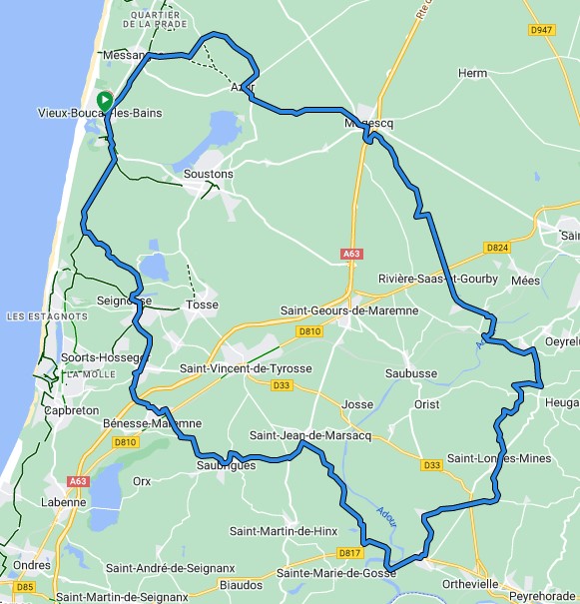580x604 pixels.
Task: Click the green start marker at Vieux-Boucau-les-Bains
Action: pyautogui.click(x=104, y=101)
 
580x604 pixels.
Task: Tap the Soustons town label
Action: pyautogui.click(x=209, y=174)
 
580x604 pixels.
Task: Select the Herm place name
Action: pyautogui.click(x=472, y=74)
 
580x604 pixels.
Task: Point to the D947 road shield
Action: pyautogui.click(x=542, y=30)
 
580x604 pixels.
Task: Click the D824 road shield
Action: pyautogui.click(x=497, y=247)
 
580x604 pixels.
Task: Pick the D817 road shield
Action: pyautogui.click(x=348, y=552)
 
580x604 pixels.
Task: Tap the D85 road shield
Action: pyautogui.click(x=25, y=586)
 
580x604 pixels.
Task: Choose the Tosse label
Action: pyautogui.click(x=203, y=304)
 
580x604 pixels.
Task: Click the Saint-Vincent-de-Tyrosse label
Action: pyautogui.click(x=246, y=368)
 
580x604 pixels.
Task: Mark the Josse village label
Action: pyautogui.click(x=356, y=404)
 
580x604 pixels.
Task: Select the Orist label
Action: pyautogui.click(x=426, y=404)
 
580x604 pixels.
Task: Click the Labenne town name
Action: pyautogui.click(x=64, y=502)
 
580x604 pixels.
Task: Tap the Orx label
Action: pyautogui.click(x=142, y=480)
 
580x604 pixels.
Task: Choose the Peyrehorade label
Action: pyautogui.click(x=541, y=596)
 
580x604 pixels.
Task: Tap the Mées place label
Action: pyautogui.click(x=525, y=281)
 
